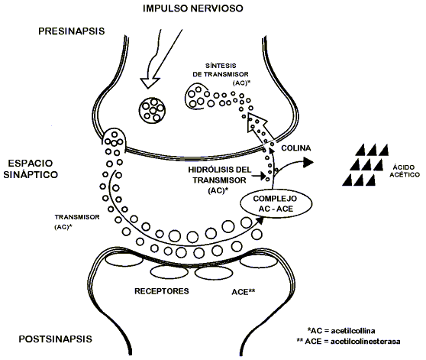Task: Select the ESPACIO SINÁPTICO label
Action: tap(35, 170)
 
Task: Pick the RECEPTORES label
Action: tap(163, 291)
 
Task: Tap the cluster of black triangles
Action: tap(363, 162)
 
